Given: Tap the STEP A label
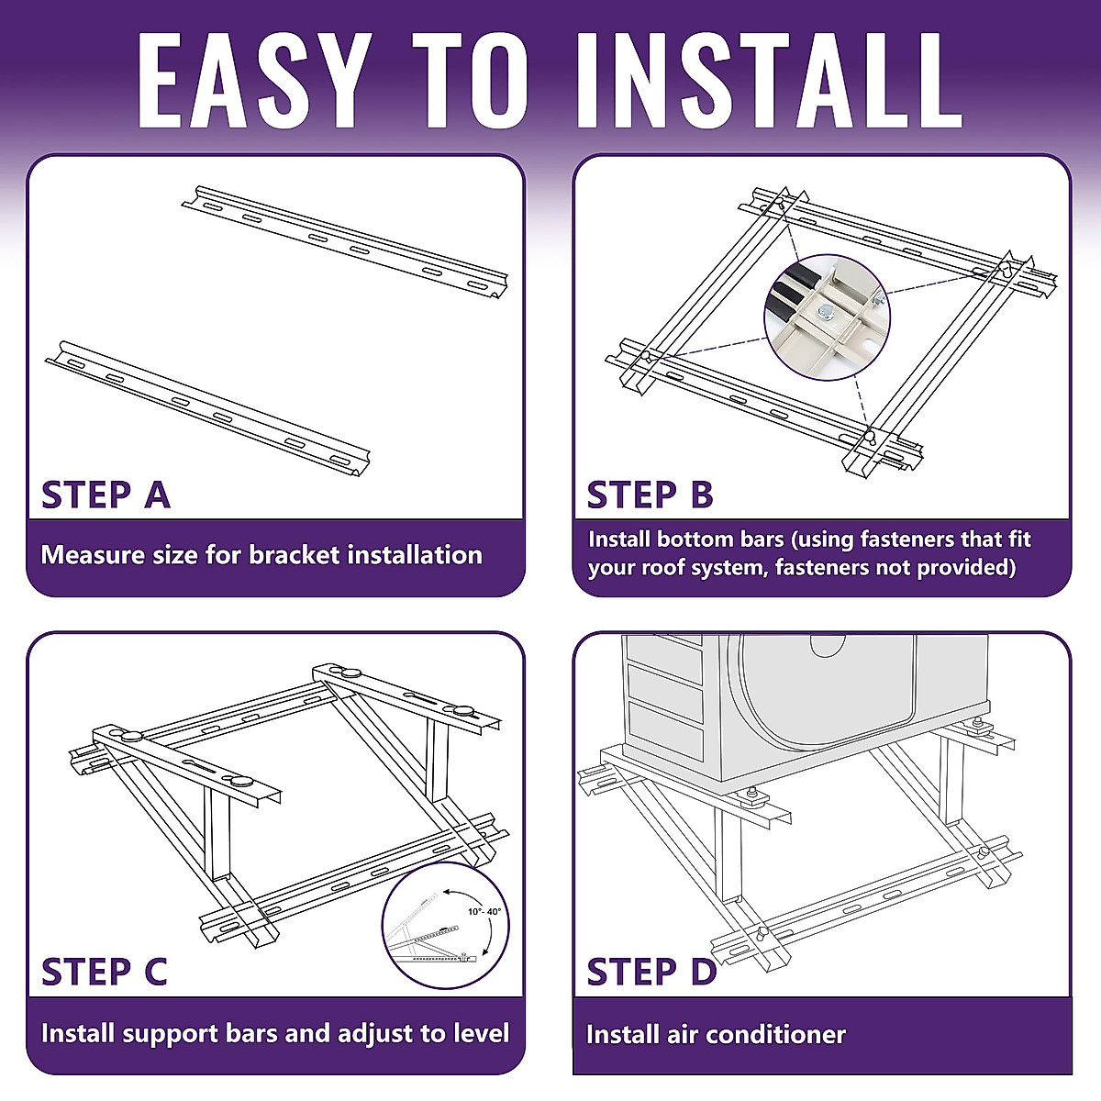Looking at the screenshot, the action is tap(106, 495).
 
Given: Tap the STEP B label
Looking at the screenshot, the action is tap(650, 495).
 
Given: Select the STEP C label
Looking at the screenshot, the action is tap(104, 972).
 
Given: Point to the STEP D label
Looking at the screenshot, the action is tap(651, 972).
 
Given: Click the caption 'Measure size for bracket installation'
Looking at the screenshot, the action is tap(261, 555).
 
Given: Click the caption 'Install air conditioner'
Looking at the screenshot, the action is tap(716, 1035).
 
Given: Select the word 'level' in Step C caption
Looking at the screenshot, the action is tap(480, 1033).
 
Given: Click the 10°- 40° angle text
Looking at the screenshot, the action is tap(484, 912).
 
